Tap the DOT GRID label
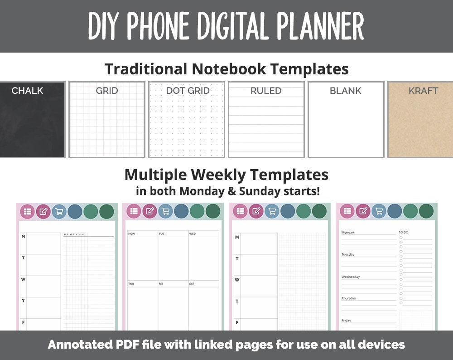[188, 91]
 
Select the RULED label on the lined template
[266, 91]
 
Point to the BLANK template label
[345, 91]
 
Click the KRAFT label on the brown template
[423, 91]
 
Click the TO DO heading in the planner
[403, 232]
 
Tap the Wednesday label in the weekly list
[351, 277]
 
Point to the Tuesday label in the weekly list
[348, 254]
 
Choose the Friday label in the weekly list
[346, 321]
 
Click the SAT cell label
[192, 284]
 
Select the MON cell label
[131, 234]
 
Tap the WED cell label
[193, 234]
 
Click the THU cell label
[131, 284]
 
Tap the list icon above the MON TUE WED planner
[134, 211]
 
